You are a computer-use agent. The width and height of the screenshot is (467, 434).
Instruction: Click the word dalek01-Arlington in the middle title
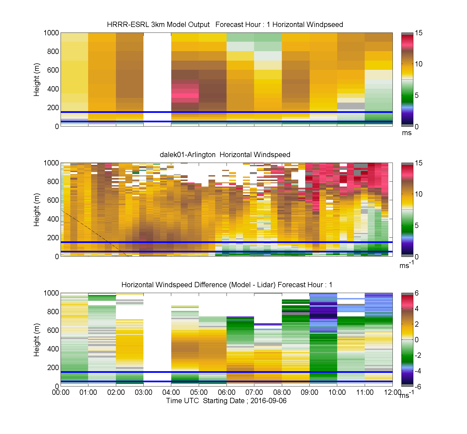(x=188, y=155)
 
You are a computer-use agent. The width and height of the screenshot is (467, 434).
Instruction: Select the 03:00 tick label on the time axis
(x=143, y=392)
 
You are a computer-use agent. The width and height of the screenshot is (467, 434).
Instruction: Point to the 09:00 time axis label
(x=309, y=392)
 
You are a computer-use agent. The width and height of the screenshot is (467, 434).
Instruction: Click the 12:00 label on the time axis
(x=393, y=392)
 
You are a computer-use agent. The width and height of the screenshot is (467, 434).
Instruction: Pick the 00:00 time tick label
(x=61, y=392)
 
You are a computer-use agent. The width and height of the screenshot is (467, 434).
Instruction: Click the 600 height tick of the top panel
(x=53, y=70)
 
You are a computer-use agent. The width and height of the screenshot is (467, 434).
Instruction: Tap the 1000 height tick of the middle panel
(x=51, y=163)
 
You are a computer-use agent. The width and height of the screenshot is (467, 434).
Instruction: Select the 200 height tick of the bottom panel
(x=53, y=368)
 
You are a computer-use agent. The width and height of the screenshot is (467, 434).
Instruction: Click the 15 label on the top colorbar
(x=419, y=33)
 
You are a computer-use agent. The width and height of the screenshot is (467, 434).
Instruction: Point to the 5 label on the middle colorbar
(x=417, y=225)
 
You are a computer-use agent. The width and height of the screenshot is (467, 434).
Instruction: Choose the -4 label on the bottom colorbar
(x=418, y=371)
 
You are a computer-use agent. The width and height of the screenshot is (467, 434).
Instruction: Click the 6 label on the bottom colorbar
(x=417, y=293)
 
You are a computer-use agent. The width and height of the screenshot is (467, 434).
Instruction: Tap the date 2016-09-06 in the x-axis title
(x=268, y=401)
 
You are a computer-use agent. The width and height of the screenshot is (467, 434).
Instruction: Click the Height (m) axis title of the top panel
(x=37, y=80)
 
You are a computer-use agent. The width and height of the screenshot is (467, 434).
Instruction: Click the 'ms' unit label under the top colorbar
(x=407, y=133)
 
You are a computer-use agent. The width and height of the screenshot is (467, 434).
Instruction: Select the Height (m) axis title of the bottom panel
(x=37, y=340)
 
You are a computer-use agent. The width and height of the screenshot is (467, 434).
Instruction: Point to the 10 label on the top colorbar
(x=419, y=64)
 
